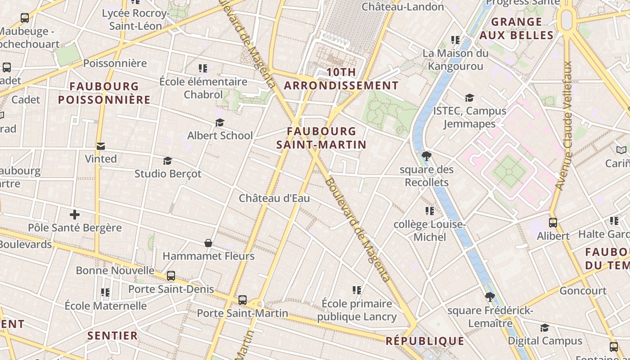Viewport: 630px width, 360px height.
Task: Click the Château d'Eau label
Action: (x=274, y=198)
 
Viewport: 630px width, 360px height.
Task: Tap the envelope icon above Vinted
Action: (x=101, y=146)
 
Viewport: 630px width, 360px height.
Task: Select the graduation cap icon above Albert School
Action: (x=220, y=123)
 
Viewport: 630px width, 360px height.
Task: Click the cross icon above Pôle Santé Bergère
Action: (x=75, y=215)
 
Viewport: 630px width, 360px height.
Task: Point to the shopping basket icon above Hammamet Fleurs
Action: (x=208, y=243)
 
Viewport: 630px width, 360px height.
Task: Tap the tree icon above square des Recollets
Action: (x=426, y=157)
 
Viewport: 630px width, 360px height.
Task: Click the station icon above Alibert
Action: (x=553, y=223)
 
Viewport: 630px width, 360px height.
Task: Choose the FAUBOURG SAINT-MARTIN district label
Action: (x=321, y=138)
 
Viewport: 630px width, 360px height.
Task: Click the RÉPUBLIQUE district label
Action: (x=425, y=341)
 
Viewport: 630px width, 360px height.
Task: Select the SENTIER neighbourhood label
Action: (x=112, y=336)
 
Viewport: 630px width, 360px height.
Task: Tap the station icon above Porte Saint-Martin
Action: (x=242, y=300)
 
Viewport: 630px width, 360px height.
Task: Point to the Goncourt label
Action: (x=583, y=291)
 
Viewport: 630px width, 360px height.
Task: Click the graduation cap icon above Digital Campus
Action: (x=544, y=328)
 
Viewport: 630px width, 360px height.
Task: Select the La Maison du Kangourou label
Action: (x=455, y=59)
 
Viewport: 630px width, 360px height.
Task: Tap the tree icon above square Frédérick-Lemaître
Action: (x=490, y=297)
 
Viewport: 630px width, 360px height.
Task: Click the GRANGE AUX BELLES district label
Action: (x=516, y=28)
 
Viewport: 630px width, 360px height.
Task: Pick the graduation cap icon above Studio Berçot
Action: (x=167, y=161)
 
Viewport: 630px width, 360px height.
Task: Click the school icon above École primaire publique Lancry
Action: (x=357, y=290)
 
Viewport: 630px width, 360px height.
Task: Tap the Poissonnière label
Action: (x=115, y=63)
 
